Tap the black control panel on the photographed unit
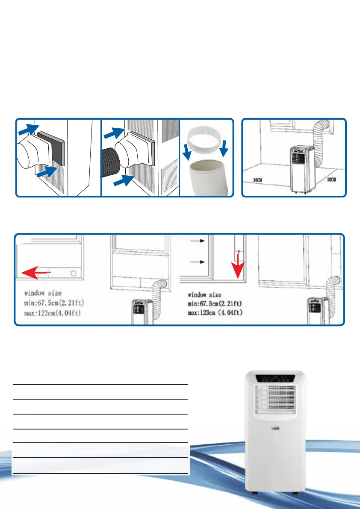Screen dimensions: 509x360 point(275,378)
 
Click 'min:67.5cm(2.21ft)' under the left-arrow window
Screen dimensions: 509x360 point(56,304)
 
